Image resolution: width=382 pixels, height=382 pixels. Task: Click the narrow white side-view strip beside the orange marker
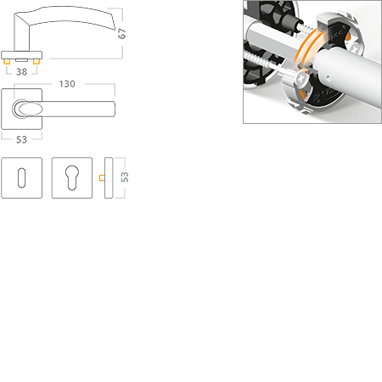(109, 178)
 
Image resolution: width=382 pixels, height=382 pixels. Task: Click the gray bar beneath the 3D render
(275, 122)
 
